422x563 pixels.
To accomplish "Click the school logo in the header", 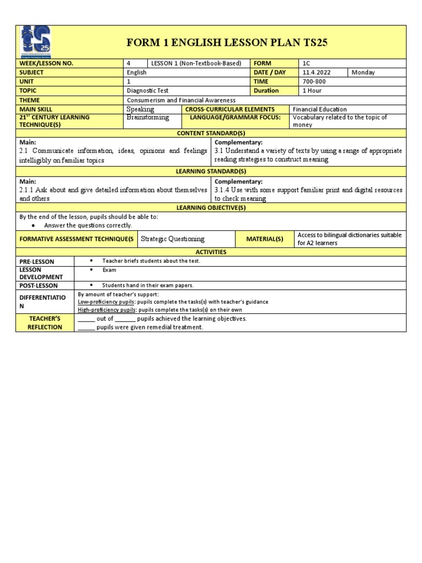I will point(36,42).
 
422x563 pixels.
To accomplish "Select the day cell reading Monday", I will point(363,73).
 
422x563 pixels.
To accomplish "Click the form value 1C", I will point(307,63).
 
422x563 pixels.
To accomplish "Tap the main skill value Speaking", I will point(140,109).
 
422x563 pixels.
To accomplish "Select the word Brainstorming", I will point(147,118).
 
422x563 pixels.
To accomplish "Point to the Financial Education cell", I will point(320,109).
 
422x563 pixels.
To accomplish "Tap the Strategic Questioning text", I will point(173,239).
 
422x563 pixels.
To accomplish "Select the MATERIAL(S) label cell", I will point(265,239).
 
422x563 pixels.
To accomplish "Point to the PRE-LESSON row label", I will point(37,262).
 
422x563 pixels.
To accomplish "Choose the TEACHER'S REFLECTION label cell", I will point(45,323).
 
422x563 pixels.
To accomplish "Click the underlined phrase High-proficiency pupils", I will point(107,310).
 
